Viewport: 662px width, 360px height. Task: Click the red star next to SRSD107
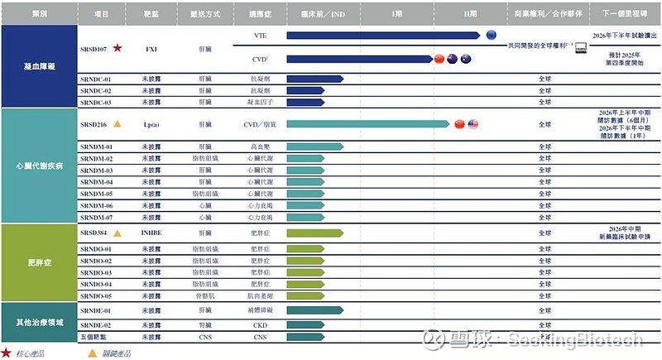(x=118, y=48)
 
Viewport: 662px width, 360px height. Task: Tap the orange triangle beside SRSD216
(x=118, y=124)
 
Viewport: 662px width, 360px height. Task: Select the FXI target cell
(x=151, y=48)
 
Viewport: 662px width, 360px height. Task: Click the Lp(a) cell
(x=151, y=124)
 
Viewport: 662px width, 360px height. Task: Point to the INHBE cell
(x=151, y=233)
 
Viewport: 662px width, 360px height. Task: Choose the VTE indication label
(x=260, y=36)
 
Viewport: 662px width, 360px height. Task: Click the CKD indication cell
(x=260, y=325)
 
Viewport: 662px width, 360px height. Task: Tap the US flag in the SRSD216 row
(x=473, y=124)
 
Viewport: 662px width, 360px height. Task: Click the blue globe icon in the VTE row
(x=491, y=35)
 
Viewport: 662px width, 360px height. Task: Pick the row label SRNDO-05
(x=98, y=295)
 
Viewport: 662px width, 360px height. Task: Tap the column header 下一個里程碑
(x=625, y=15)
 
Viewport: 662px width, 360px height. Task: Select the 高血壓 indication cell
(x=260, y=146)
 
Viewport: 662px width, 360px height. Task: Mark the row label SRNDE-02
(x=98, y=325)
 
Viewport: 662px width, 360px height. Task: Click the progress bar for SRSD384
(x=314, y=233)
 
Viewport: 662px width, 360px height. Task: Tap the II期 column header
(x=472, y=15)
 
